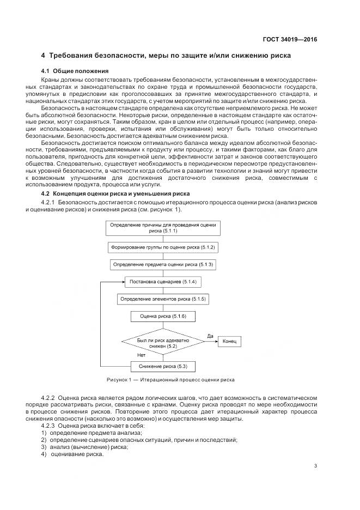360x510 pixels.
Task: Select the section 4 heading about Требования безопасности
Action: pos(166,56)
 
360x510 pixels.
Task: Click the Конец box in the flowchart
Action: pos(229,342)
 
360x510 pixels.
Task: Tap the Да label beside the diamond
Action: pos(210,336)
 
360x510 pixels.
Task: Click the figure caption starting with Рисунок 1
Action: pos(170,380)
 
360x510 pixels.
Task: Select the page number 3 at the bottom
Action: pos(316,465)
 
